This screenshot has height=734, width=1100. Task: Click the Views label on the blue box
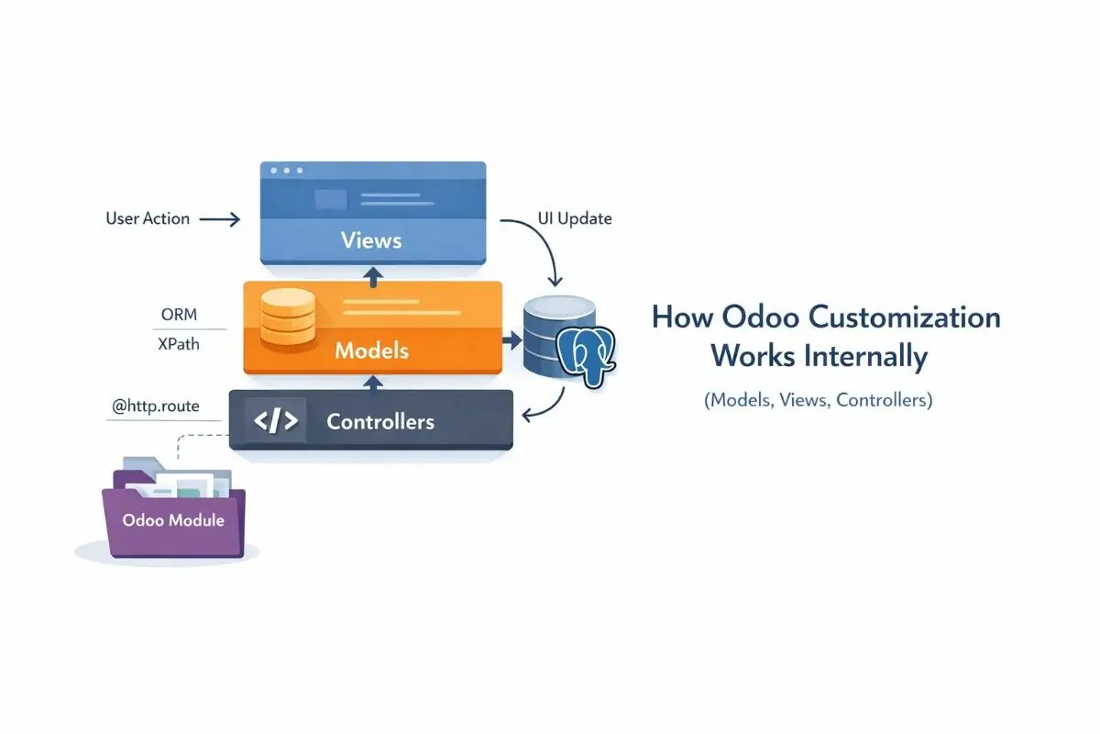click(x=371, y=240)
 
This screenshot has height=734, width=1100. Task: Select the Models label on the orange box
click(x=371, y=350)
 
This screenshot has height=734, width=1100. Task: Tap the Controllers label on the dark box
click(x=380, y=422)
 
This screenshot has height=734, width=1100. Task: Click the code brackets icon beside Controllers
click(x=275, y=421)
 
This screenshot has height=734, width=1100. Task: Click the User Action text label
click(x=148, y=218)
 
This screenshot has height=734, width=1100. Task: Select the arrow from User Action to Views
click(x=220, y=219)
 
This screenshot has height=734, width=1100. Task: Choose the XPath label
click(x=179, y=345)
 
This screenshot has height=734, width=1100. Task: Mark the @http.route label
click(x=154, y=404)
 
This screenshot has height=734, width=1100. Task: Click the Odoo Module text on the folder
click(x=173, y=519)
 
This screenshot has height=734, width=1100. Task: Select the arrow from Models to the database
click(x=510, y=340)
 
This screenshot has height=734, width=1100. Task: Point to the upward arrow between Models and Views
click(x=371, y=273)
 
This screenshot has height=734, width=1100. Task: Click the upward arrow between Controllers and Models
click(x=371, y=381)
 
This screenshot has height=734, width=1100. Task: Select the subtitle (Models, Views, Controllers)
click(x=819, y=401)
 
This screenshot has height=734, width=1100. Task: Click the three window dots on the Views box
click(x=286, y=172)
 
